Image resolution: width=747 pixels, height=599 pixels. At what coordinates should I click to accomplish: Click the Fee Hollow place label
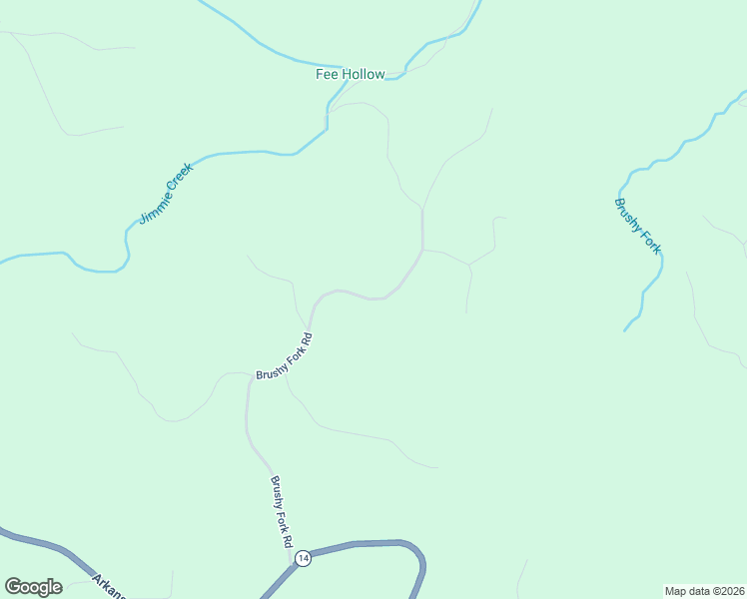pyautogui.click(x=350, y=75)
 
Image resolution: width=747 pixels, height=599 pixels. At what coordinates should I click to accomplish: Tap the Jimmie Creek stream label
pyautogui.click(x=165, y=194)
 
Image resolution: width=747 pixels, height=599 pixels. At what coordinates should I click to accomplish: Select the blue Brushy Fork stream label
pyautogui.click(x=637, y=227)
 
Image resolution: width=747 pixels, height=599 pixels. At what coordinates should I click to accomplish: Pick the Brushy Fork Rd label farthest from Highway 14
pyautogui.click(x=286, y=358)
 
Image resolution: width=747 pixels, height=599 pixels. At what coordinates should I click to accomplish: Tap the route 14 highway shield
pyautogui.click(x=304, y=557)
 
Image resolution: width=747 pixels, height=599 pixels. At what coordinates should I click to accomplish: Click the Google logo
pyautogui.click(x=33, y=587)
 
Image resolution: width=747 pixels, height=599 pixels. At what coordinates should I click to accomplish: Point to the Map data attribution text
pyautogui.click(x=704, y=590)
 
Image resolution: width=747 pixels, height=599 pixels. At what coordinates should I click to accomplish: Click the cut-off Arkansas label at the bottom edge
pyautogui.click(x=109, y=586)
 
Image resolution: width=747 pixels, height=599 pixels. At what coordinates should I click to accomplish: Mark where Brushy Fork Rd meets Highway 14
pyautogui.click(x=296, y=565)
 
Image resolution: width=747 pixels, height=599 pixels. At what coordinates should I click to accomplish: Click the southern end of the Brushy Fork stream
pyautogui.click(x=625, y=329)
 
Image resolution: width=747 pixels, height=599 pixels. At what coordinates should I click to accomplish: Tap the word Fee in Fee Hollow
pyautogui.click(x=328, y=75)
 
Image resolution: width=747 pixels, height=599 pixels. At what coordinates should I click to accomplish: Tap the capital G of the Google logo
pyautogui.click(x=13, y=587)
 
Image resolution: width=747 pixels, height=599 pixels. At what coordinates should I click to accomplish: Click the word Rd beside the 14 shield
pyautogui.click(x=288, y=536)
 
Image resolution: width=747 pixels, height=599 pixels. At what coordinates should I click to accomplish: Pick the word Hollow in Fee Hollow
pyautogui.click(x=364, y=75)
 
